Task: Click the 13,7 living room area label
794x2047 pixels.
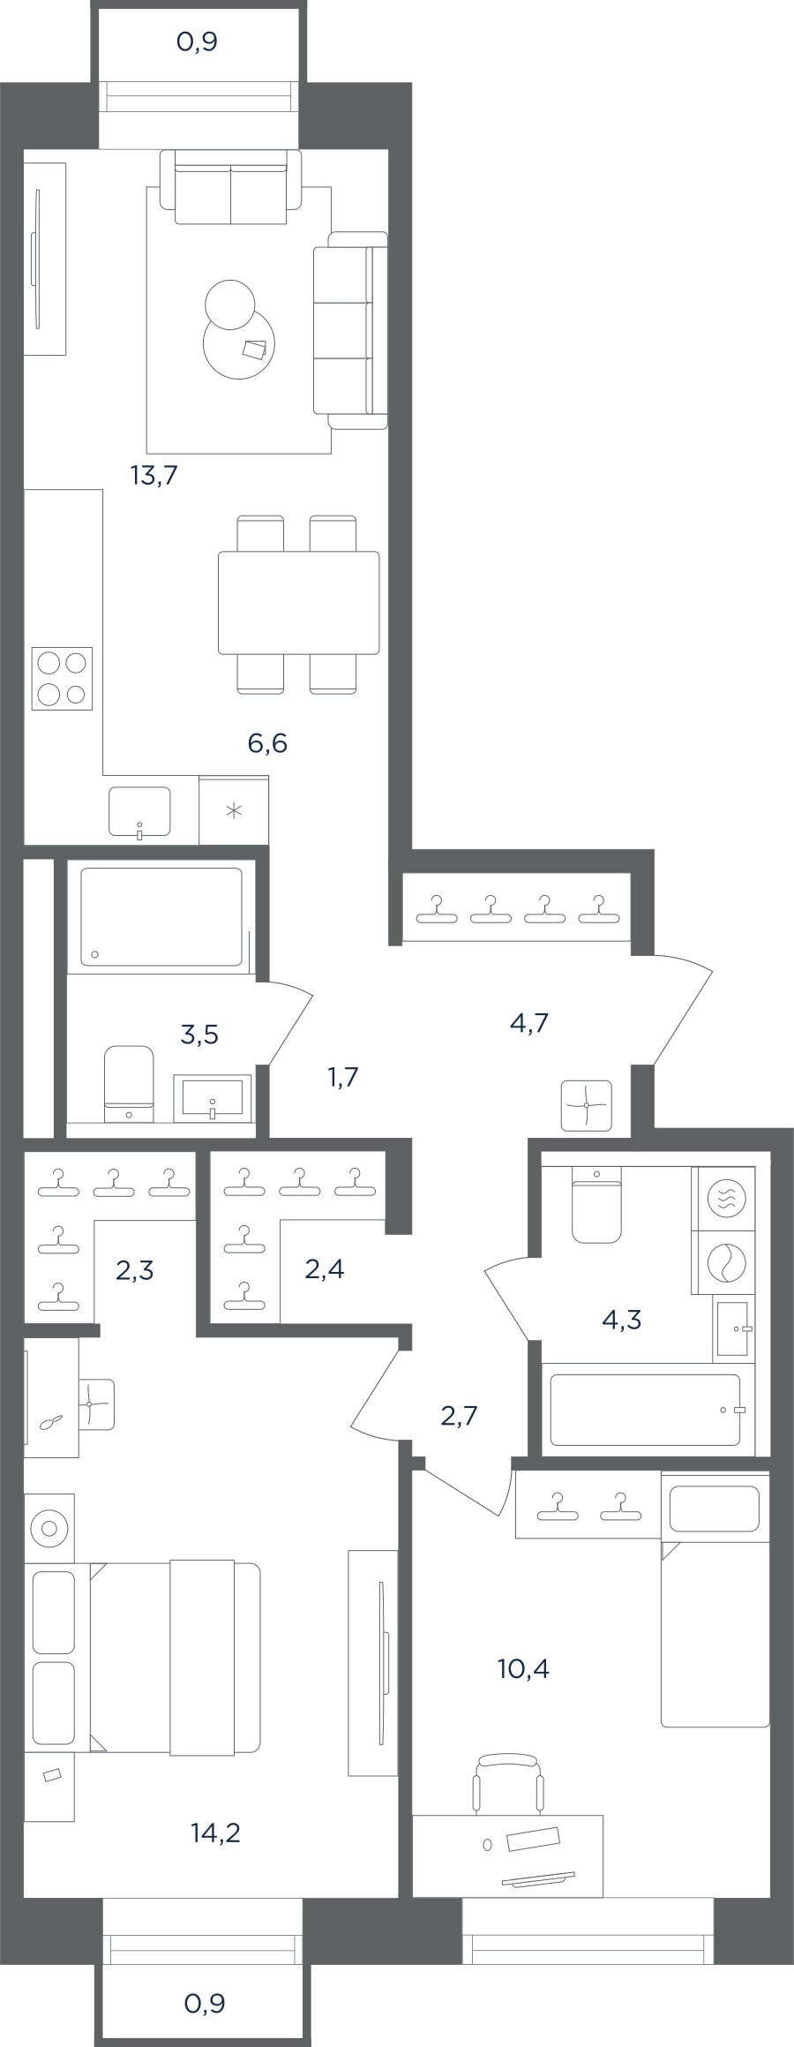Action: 154,477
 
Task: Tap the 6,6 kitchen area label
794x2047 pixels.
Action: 267,743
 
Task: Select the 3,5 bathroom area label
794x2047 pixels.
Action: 199,1034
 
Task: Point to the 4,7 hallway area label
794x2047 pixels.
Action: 530,1022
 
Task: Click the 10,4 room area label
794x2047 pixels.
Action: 524,1668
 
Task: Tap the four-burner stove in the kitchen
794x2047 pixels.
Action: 62,679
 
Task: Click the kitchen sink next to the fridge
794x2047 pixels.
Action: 139,811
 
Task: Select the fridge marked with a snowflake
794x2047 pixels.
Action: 234,810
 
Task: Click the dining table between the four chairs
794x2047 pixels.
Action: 299,603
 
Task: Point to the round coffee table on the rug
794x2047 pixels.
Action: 239,342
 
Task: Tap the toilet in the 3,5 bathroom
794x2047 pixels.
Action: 129,1085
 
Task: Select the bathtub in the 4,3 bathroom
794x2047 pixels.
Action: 647,1410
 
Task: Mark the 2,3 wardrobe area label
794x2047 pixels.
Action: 135,1270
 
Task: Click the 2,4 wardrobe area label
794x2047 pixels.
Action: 324,1268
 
